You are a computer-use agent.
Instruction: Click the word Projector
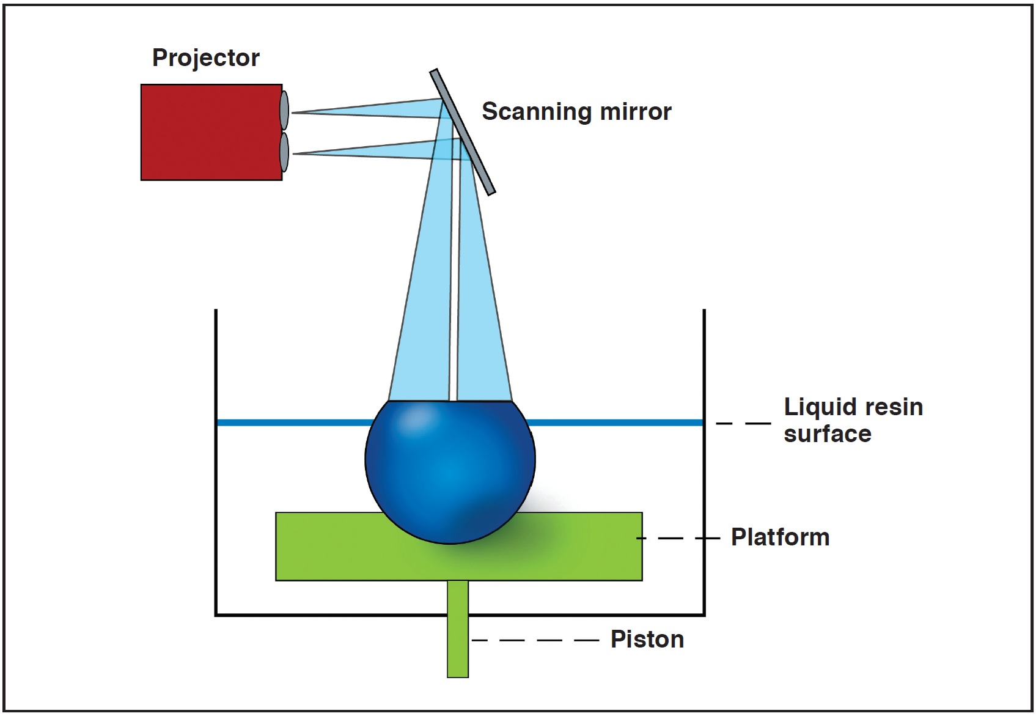(x=205, y=58)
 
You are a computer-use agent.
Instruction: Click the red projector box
(x=211, y=132)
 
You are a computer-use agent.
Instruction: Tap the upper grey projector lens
(x=284, y=110)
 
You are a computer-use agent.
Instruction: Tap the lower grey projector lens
(x=284, y=152)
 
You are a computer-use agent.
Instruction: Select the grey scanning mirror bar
(x=462, y=131)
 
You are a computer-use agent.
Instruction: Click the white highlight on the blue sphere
(x=415, y=419)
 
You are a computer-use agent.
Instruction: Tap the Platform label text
(x=780, y=537)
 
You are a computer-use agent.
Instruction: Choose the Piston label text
(x=647, y=640)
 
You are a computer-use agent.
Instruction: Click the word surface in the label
(x=827, y=434)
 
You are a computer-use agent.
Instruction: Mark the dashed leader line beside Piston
(x=535, y=640)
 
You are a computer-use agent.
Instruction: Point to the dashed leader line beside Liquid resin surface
(x=743, y=423)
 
